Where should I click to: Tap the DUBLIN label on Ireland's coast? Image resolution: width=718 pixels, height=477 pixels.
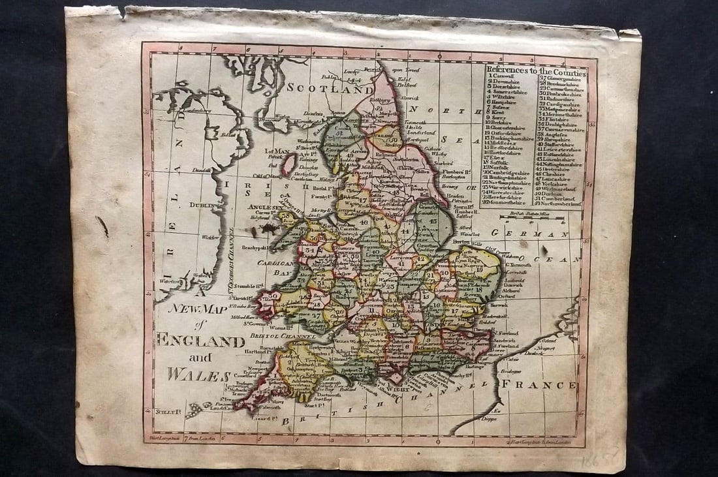[203, 205]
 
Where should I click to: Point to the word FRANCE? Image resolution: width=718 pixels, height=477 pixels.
[538, 384]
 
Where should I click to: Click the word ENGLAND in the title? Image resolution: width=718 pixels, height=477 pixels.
[200, 340]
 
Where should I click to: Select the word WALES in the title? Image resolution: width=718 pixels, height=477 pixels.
[198, 375]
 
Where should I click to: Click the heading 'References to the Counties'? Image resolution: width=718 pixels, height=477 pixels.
[536, 73]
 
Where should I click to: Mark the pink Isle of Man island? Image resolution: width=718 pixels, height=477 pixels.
[287, 164]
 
